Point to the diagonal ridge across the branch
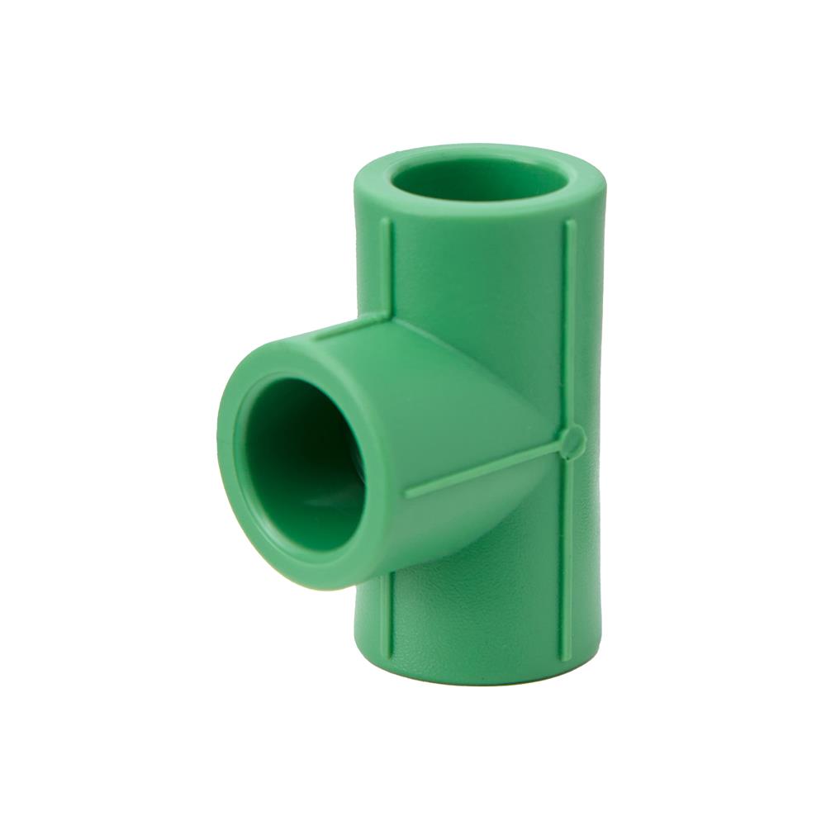(487, 467)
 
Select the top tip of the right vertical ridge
(567, 221)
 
